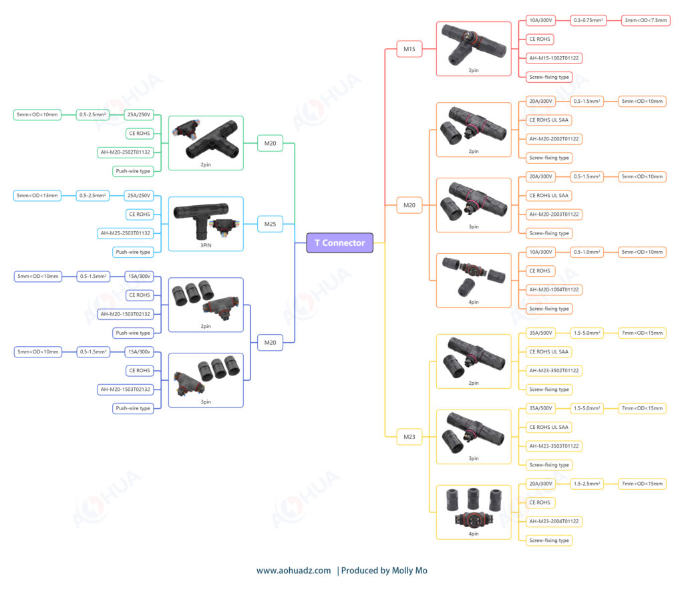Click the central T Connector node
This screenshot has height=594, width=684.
340,243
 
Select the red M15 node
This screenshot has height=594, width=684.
409,49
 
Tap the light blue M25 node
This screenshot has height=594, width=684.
270,224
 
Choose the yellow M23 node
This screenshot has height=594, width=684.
409,437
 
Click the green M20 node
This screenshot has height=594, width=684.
270,143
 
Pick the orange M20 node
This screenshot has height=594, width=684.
409,205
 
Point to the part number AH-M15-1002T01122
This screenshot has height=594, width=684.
554,58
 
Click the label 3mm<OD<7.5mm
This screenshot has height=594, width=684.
646,21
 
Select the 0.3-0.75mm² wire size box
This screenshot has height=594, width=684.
588,21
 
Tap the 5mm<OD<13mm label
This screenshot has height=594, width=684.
37,196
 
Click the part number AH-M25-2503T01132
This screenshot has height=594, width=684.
125,233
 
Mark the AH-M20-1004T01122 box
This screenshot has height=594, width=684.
554,290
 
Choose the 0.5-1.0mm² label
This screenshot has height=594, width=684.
586,253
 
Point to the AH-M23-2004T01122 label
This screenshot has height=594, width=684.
554,522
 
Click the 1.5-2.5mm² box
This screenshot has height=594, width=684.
586,484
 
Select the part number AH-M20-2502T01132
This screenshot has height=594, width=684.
125,152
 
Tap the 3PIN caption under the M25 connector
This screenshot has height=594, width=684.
206,246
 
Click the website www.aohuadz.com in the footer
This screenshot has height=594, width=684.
294,571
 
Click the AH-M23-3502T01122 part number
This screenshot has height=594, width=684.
554,371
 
